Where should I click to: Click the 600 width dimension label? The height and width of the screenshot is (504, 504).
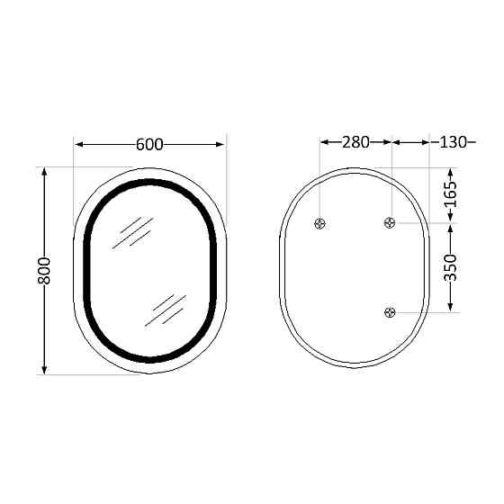(x=149, y=144)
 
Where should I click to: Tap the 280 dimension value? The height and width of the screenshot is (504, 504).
(x=356, y=142)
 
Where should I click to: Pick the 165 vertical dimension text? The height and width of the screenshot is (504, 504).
(x=452, y=195)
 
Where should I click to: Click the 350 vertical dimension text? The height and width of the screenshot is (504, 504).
(x=452, y=268)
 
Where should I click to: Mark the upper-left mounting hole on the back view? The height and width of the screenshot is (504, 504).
(x=320, y=223)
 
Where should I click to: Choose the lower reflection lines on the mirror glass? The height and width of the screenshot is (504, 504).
(x=168, y=310)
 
